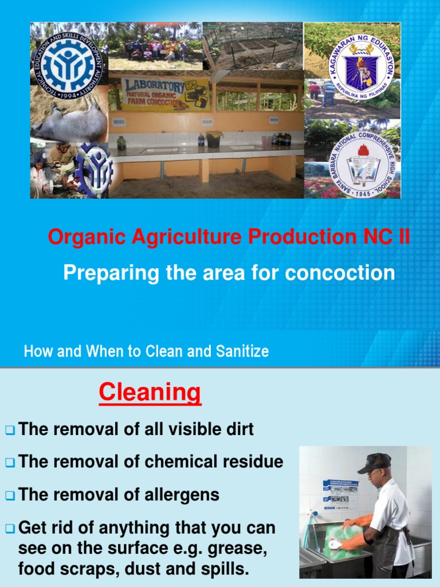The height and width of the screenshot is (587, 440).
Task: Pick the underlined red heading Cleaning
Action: [150, 393]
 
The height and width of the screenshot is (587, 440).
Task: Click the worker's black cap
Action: [375, 462]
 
